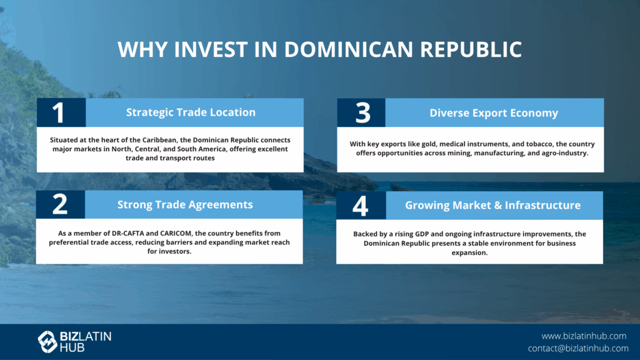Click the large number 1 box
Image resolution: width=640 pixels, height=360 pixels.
61,112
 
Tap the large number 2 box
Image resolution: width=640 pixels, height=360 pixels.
61,204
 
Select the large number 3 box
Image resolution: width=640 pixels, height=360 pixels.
361,112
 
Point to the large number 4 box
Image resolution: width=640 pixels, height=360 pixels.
361,205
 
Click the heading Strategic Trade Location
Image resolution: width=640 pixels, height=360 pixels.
191,112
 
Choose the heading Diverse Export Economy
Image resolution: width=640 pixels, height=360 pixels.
494,113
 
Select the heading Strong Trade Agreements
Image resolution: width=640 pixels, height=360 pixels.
185,204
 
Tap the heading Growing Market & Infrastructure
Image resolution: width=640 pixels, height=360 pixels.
492,205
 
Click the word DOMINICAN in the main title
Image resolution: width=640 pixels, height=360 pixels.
348,49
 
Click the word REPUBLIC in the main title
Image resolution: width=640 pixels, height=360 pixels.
471,49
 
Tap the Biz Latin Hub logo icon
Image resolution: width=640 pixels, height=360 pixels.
47,342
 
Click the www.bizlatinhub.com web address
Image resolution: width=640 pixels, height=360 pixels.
584,336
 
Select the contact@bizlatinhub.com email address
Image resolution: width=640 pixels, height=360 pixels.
578,348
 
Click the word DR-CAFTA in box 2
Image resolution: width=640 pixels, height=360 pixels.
127,234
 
